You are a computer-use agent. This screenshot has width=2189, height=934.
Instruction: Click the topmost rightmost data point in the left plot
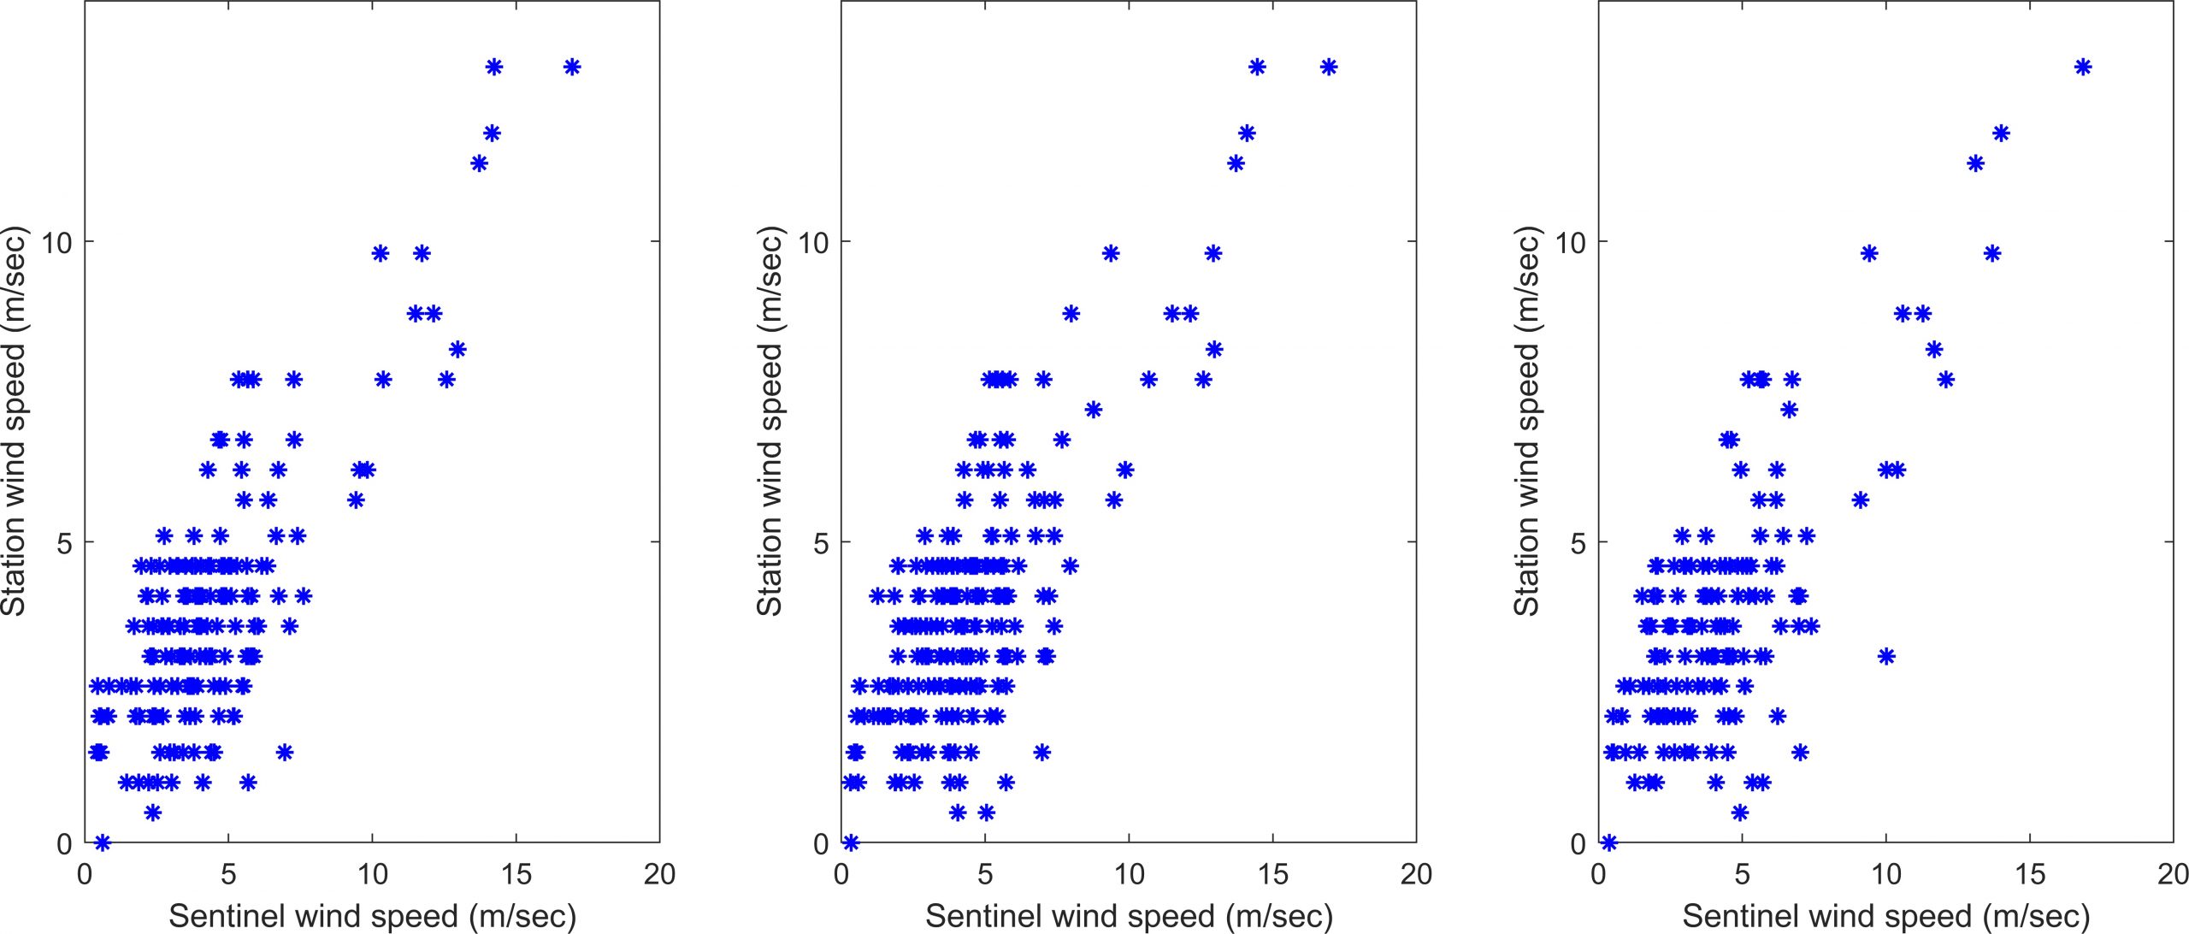pos(572,67)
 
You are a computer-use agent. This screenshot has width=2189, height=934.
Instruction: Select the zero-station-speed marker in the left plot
pos(103,842)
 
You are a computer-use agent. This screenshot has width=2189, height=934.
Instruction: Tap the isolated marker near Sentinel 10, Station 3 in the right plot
pos(1886,656)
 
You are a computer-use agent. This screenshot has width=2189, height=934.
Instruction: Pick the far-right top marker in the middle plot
pos(1328,67)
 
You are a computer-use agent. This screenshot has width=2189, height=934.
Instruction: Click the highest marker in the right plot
pos(2083,67)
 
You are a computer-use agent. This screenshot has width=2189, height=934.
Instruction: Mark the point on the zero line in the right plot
pos(1609,842)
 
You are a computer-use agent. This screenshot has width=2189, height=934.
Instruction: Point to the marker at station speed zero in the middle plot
pos(850,842)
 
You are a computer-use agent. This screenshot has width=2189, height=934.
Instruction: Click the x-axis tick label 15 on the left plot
pos(516,874)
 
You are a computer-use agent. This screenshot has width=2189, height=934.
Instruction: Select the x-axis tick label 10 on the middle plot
pos(1129,874)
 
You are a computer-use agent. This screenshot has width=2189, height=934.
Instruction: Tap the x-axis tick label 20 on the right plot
pos(2172,874)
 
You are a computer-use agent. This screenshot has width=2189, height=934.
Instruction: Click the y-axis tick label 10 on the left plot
pos(56,243)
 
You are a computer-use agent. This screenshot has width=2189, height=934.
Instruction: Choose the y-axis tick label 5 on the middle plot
pos(822,543)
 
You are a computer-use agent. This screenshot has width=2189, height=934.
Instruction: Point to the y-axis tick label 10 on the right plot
pos(1570,243)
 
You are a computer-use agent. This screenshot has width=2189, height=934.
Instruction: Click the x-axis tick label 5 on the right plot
pos(1742,874)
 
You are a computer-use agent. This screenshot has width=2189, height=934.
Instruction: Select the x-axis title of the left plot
pos(372,916)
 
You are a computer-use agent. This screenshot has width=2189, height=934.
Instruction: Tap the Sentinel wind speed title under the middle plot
pos(1129,916)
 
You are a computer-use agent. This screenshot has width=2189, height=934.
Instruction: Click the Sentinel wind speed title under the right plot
pos(1885,916)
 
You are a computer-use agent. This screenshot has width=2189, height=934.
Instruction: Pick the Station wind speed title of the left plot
pos(15,421)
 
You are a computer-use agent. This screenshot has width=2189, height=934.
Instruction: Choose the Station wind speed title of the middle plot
pos(770,421)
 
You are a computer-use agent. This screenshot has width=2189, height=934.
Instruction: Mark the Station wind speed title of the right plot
pos(1527,421)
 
